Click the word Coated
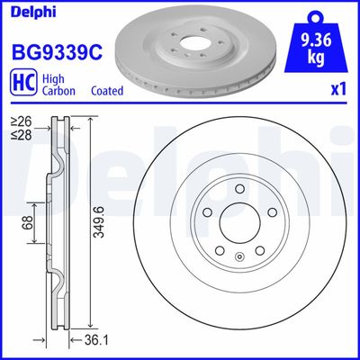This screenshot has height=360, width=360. click(x=108, y=91)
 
